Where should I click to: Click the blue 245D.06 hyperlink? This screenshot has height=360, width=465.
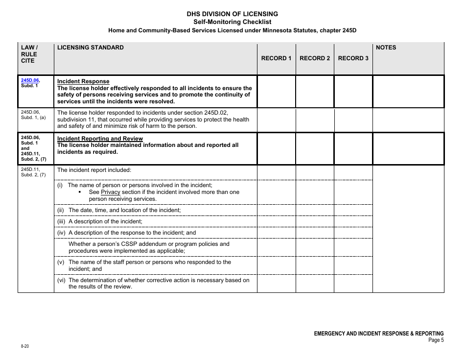pos(30,80)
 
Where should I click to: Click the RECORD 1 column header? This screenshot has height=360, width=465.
pos(276,58)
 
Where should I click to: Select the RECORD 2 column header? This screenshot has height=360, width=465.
pos(315,58)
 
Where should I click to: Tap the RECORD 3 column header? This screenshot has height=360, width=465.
pos(353,58)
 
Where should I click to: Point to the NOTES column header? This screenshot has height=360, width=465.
pos(386,48)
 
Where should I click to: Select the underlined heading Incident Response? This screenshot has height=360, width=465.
pos(83,81)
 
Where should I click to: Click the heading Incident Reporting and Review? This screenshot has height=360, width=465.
pos(100,139)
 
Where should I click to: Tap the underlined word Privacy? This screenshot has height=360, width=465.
pos(110,192)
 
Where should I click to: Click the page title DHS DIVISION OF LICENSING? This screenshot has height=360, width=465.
pos(232,14)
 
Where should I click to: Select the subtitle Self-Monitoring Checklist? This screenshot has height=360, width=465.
pos(232,22)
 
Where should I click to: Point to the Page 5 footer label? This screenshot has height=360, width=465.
pos(436,340)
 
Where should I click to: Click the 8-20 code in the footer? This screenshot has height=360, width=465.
pos(24,346)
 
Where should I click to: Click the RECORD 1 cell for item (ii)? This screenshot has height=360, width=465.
pos(276,210)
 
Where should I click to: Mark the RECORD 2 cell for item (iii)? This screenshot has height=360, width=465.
pos(315,221)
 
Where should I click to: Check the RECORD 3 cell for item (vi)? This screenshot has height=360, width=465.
pos(353,283)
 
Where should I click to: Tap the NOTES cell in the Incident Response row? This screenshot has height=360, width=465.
pos(408,91)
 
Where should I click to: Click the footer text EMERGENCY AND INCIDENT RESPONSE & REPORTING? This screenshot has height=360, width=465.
pos(378,333)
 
